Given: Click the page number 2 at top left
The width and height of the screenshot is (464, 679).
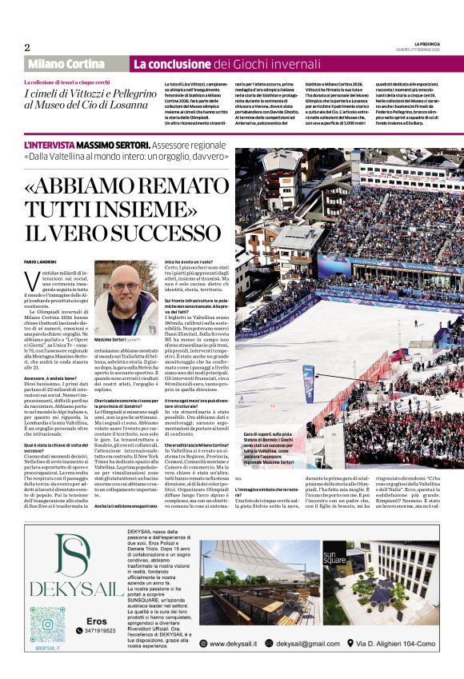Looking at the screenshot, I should (27, 47).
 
